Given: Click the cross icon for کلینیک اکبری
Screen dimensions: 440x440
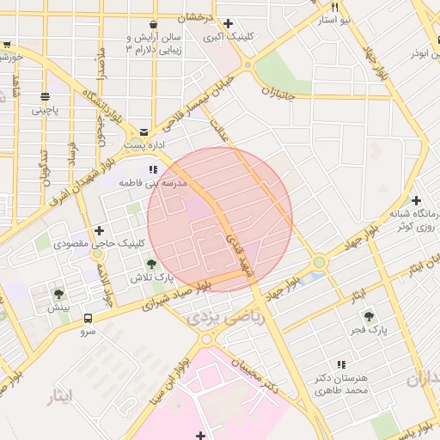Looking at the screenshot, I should (228, 23).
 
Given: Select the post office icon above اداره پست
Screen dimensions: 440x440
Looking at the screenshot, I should (144, 132).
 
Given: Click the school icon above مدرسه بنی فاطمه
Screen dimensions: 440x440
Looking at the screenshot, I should (154, 170).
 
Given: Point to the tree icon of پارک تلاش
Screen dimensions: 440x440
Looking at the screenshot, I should (152, 264).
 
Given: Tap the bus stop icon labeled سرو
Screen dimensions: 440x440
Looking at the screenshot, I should (88, 317).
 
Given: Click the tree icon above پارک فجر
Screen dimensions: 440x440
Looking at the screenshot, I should (370, 316).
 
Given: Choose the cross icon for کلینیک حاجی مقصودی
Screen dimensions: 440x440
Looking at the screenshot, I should (100, 230).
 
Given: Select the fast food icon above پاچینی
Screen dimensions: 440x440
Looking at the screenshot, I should (45, 96).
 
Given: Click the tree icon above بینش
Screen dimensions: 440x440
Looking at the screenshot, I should (58, 294).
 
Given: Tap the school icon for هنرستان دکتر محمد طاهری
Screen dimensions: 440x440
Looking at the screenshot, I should (341, 365).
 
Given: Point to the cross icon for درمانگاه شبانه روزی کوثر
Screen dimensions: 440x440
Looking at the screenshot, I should (416, 200).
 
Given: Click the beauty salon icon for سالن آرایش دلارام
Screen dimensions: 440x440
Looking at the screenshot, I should (153, 23).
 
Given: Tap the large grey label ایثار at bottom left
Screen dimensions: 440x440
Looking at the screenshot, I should (58, 394).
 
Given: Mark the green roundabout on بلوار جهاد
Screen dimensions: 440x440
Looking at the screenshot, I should (320, 262).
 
